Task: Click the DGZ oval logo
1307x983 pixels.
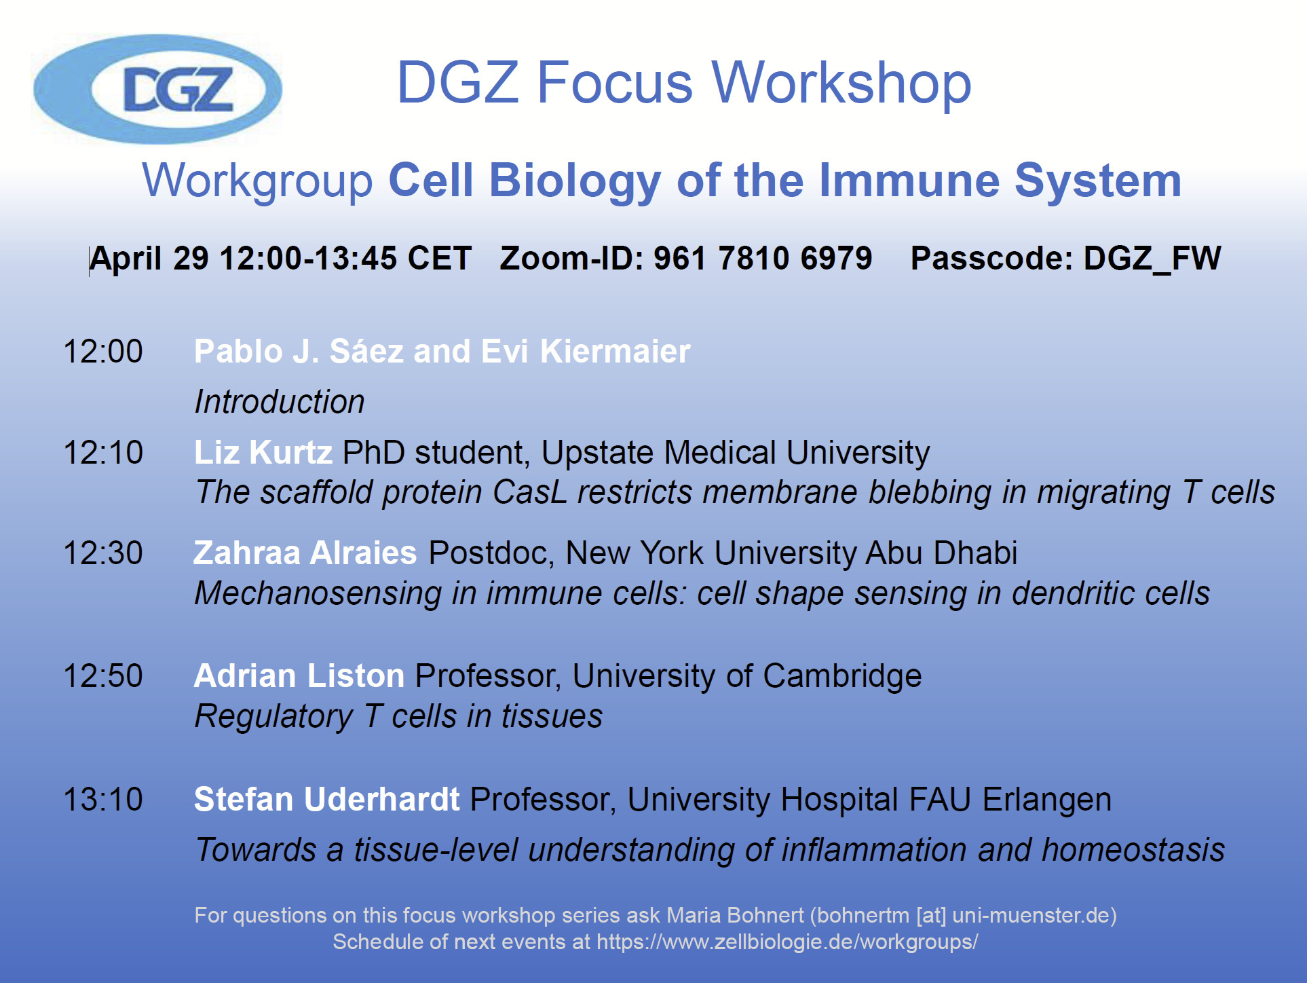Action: tap(157, 89)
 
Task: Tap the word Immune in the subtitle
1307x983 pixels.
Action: tap(909, 181)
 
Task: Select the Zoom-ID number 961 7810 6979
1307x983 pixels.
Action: tap(763, 258)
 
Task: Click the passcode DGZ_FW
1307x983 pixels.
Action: tap(1152, 259)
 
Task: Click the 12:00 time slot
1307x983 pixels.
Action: tap(103, 352)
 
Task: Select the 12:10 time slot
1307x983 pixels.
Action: tap(103, 453)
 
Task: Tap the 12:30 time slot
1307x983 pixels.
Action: tap(103, 553)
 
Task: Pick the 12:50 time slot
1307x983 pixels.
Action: tap(103, 676)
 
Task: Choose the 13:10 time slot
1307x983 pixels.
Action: tap(103, 800)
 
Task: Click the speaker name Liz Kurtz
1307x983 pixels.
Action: tap(263, 453)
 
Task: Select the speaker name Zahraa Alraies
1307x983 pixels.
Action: tap(305, 553)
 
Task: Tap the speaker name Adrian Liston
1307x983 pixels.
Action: tap(299, 676)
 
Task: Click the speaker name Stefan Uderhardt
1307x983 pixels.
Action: tap(327, 800)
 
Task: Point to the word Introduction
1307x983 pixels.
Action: tap(280, 402)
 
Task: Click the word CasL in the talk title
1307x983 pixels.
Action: tap(530, 492)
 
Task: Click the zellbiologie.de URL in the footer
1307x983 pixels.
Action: tap(787, 942)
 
